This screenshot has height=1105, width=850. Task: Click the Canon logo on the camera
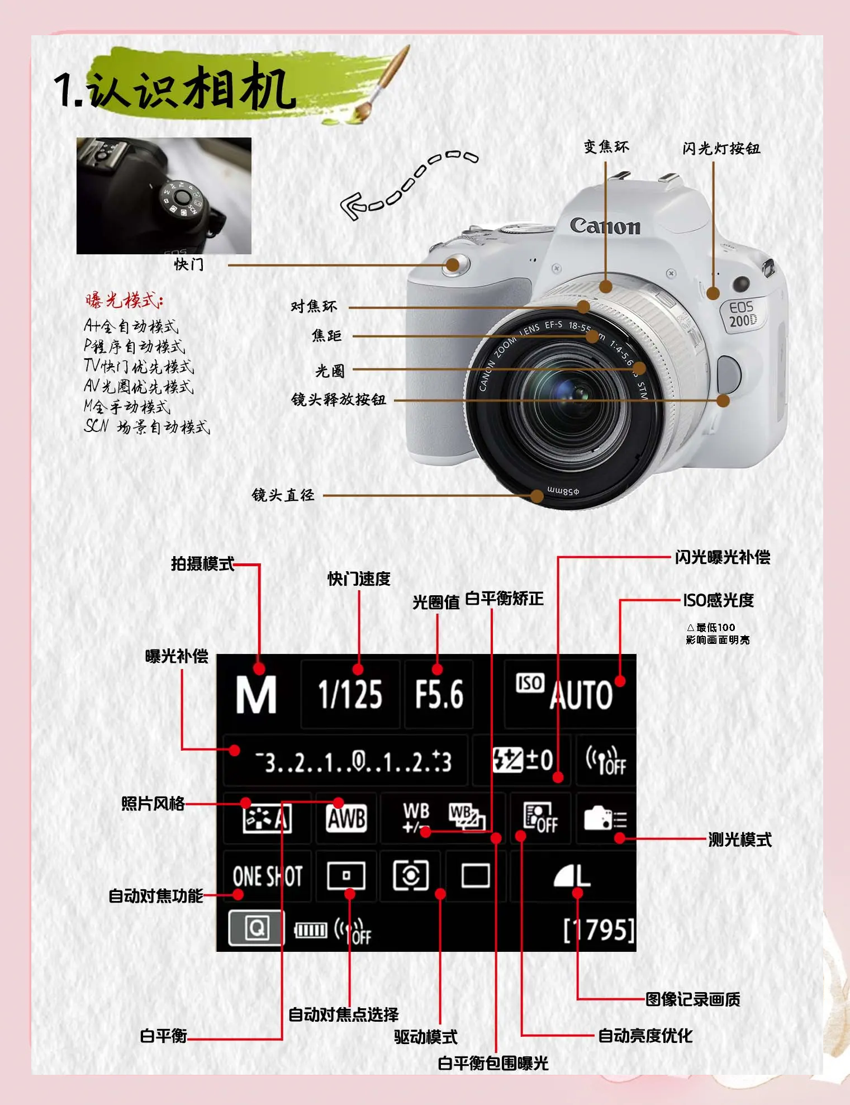(605, 225)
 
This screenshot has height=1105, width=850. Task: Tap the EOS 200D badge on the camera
(743, 314)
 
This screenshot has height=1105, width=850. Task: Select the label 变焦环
(606, 146)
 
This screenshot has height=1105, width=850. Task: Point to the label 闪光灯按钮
(721, 148)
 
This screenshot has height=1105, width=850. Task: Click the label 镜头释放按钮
(339, 400)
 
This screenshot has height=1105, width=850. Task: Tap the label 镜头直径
(283, 495)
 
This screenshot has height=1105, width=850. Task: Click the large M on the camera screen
(256, 694)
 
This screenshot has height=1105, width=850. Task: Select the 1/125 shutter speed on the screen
(350, 695)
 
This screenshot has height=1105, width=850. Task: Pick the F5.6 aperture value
(439, 695)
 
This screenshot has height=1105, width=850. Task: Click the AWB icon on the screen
(346, 819)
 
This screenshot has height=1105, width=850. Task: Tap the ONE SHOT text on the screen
(268, 876)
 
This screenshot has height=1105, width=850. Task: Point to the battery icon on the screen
(311, 930)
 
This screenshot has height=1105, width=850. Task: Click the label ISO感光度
(718, 600)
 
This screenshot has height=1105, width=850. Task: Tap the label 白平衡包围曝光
(493, 1063)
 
